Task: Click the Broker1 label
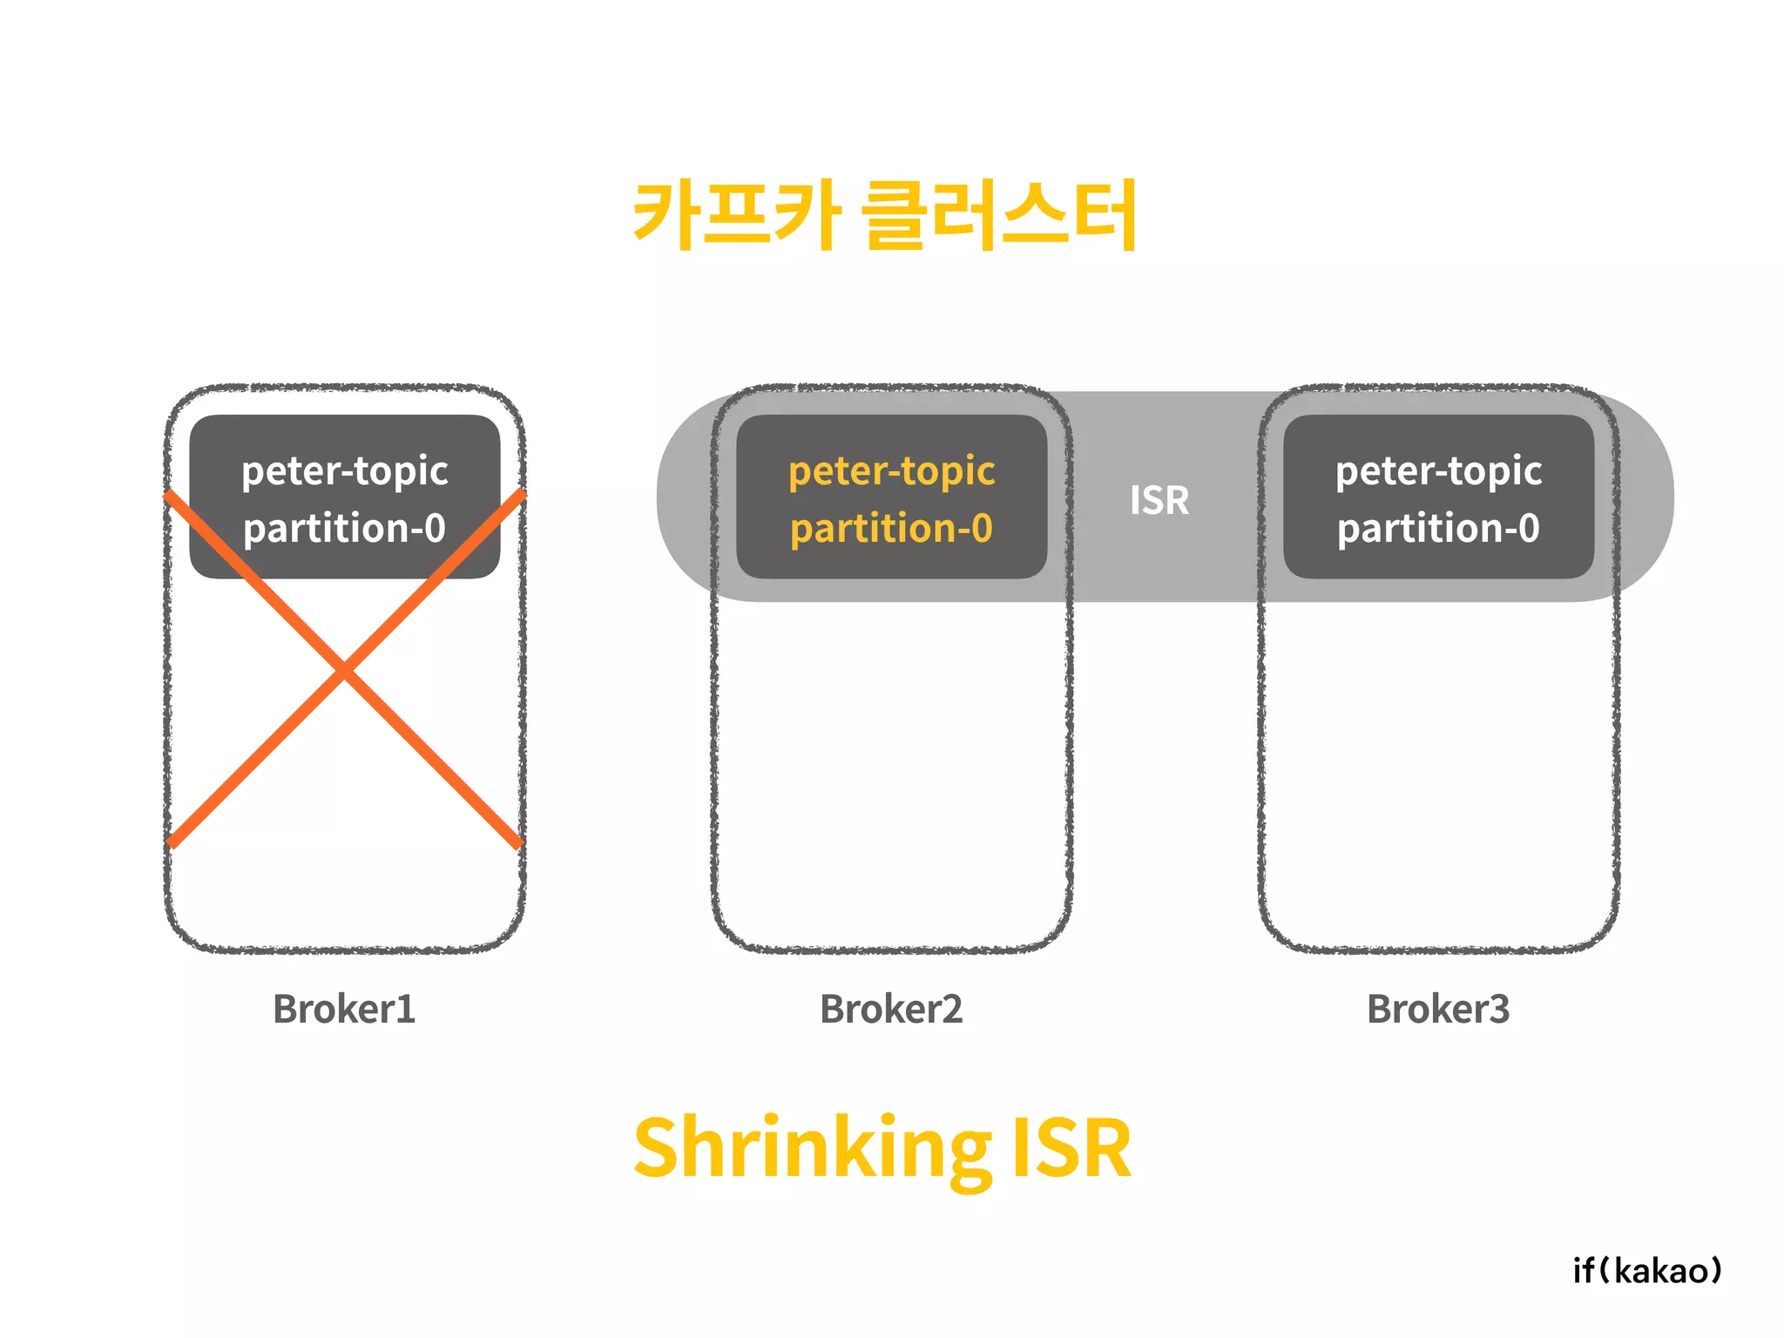click(x=344, y=1009)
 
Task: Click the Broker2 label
click(x=891, y=1009)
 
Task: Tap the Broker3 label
click(x=1438, y=1009)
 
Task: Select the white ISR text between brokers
click(x=1159, y=500)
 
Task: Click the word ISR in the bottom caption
click(x=1071, y=1148)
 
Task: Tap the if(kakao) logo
click(x=1647, y=1271)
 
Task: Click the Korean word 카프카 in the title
click(x=737, y=214)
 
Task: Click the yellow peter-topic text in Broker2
click(x=891, y=471)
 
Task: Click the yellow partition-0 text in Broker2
click(x=891, y=529)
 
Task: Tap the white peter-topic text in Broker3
click(x=1438, y=471)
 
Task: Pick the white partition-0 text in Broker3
click(x=1438, y=529)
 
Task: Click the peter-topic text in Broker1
click(x=344, y=471)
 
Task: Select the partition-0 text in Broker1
click(x=344, y=529)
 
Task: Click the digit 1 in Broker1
click(x=406, y=1009)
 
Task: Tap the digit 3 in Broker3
click(x=1499, y=1009)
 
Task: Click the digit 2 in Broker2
click(x=952, y=1009)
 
